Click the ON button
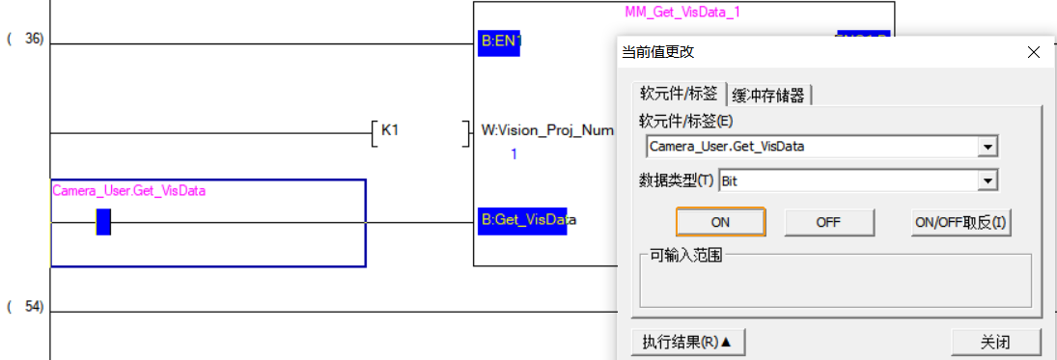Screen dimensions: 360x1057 [x=720, y=222]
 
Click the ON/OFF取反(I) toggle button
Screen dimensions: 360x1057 [x=960, y=222]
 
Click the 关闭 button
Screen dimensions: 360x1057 [x=995, y=342]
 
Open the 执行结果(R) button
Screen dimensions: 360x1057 [x=688, y=342]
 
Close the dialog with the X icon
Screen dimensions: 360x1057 [x=1033, y=53]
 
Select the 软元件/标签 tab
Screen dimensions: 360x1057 [x=679, y=94]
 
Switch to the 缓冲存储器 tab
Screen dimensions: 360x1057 [x=769, y=95]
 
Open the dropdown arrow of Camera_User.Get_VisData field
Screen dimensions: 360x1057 [x=987, y=147]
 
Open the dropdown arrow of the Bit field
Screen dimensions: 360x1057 [x=987, y=180]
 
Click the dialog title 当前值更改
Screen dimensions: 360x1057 [x=657, y=52]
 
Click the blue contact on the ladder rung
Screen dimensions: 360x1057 [x=103, y=223]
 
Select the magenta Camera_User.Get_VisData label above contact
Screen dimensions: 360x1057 [x=128, y=190]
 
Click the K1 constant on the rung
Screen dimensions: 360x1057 [x=390, y=129]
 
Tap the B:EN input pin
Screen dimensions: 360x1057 [x=499, y=42]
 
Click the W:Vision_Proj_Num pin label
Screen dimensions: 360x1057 [x=546, y=129]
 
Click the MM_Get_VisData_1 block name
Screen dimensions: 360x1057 [x=682, y=12]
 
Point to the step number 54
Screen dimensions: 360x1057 [x=33, y=307]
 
